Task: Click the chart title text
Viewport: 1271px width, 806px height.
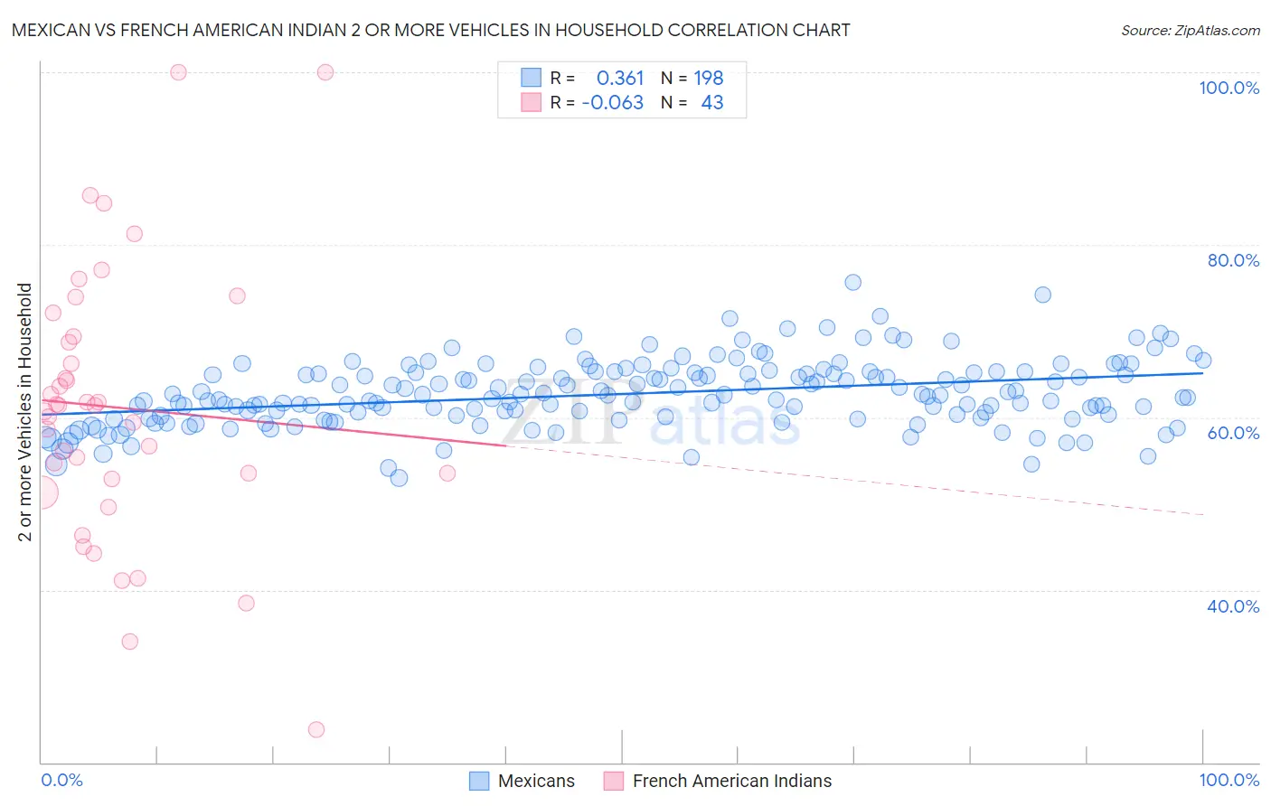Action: coord(430,30)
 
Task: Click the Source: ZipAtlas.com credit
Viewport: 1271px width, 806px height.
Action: coord(1190,30)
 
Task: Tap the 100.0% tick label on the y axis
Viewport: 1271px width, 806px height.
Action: coord(1229,88)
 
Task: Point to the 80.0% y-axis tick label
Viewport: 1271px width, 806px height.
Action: coord(1233,260)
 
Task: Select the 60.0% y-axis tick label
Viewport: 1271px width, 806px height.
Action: coord(1233,433)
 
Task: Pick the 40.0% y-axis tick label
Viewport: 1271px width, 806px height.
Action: coord(1233,606)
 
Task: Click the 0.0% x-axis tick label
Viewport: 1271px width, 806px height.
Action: coord(61,780)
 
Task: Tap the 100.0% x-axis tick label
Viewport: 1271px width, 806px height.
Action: coord(1229,780)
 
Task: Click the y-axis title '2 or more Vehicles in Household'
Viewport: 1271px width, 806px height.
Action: coord(25,412)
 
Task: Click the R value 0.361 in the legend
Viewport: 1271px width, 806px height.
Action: coord(620,79)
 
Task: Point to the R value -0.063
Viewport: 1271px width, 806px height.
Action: coord(612,103)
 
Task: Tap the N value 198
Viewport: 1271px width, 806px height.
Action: coord(709,79)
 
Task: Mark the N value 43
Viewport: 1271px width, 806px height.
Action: coord(712,103)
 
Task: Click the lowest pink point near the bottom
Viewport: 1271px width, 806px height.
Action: coord(316,729)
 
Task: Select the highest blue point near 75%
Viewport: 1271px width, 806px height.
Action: coord(852,283)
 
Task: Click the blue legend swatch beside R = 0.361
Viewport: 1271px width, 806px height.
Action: coord(531,78)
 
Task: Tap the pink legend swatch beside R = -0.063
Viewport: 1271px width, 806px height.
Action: coord(531,102)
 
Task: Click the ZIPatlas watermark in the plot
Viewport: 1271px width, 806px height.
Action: coord(651,416)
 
